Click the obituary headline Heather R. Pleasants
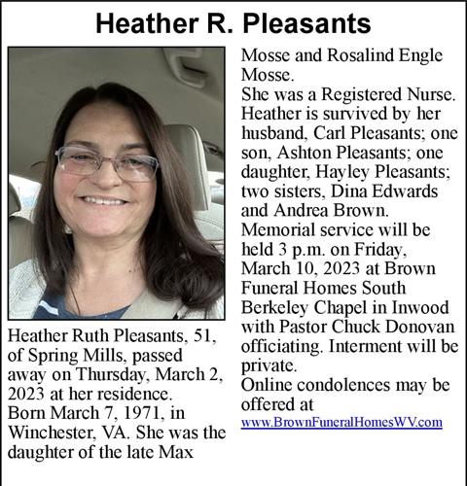click(233, 21)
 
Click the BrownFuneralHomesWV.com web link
click(341, 423)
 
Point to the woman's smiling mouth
click(104, 200)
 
